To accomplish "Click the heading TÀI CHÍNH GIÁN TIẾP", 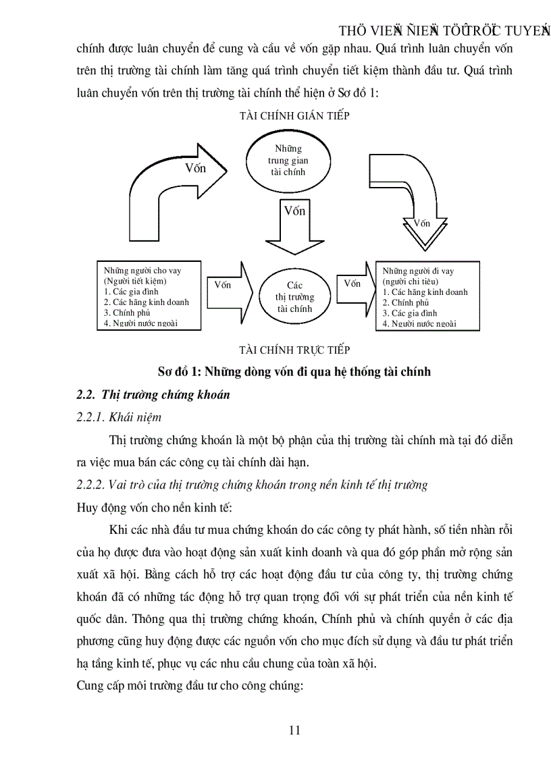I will [x=294, y=115].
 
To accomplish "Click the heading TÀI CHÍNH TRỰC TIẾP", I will [x=294, y=350].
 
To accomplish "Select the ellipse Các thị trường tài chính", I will [x=294, y=297].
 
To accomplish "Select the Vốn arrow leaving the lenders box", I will [x=228, y=286].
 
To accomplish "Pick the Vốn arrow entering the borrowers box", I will [x=356, y=286].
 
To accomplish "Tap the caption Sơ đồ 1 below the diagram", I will [x=294, y=371].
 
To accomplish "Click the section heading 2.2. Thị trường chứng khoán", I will [x=153, y=395].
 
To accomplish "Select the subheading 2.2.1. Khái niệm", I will [x=119, y=417].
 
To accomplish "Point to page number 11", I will [x=294, y=730].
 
